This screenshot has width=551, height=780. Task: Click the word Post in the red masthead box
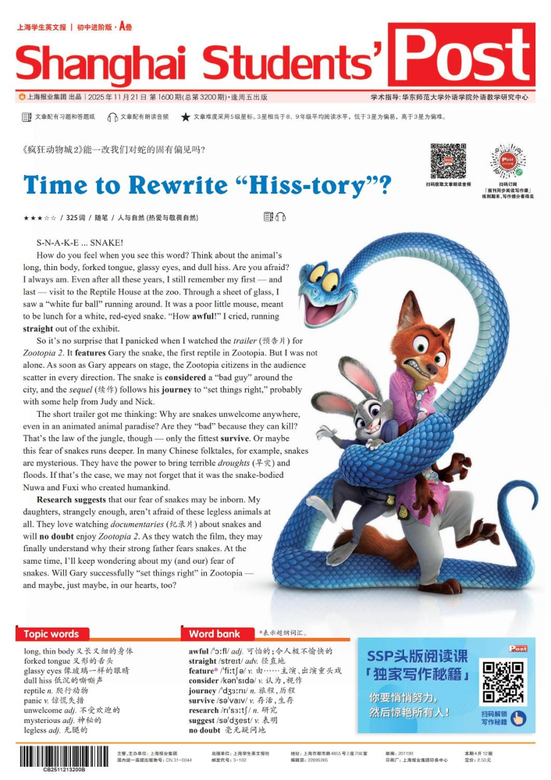[461, 55]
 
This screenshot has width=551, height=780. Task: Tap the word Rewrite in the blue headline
[184, 186]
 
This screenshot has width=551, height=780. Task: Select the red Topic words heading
[52, 634]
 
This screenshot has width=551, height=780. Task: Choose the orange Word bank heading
[215, 634]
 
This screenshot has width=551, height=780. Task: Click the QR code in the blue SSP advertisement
[502, 682]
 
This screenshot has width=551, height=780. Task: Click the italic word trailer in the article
[247, 341]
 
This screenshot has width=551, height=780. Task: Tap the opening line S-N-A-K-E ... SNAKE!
[80, 244]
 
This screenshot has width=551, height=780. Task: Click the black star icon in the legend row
[185, 117]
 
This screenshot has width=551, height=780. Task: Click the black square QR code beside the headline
[448, 161]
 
